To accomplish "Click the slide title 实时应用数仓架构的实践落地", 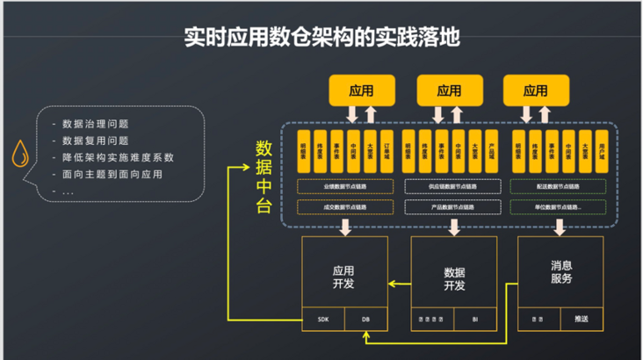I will click(321, 38).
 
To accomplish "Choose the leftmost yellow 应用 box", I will click(361, 90).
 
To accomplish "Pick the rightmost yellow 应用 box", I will click(535, 90).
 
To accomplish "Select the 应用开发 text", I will click(343, 277).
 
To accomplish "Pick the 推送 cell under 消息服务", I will click(582, 319).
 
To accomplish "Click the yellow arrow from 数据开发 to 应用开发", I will click(400, 283).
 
